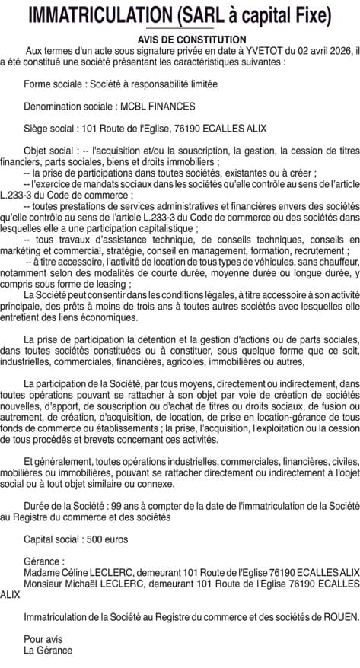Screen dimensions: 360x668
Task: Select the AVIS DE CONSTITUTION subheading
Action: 180,39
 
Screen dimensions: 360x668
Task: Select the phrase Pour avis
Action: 43,638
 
